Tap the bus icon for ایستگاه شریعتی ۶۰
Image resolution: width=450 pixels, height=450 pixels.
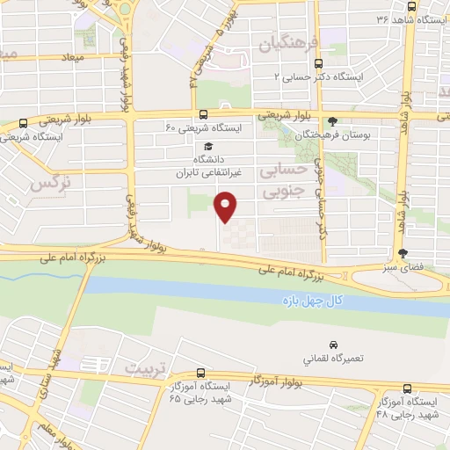coord(203,113)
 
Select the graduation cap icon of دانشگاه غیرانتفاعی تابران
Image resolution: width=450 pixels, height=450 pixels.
coord(207,147)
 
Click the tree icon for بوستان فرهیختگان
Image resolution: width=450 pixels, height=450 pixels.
coord(331,121)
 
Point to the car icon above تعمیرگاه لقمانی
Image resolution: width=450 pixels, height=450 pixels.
coord(333,345)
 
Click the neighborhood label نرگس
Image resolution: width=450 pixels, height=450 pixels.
coord(49,183)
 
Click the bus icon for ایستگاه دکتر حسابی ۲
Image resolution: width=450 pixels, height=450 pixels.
coord(318,62)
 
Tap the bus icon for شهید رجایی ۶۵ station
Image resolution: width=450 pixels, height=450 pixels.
coord(201,373)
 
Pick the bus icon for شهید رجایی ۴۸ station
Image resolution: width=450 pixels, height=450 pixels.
coord(407,388)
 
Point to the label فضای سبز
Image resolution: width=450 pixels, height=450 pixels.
coord(407,264)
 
